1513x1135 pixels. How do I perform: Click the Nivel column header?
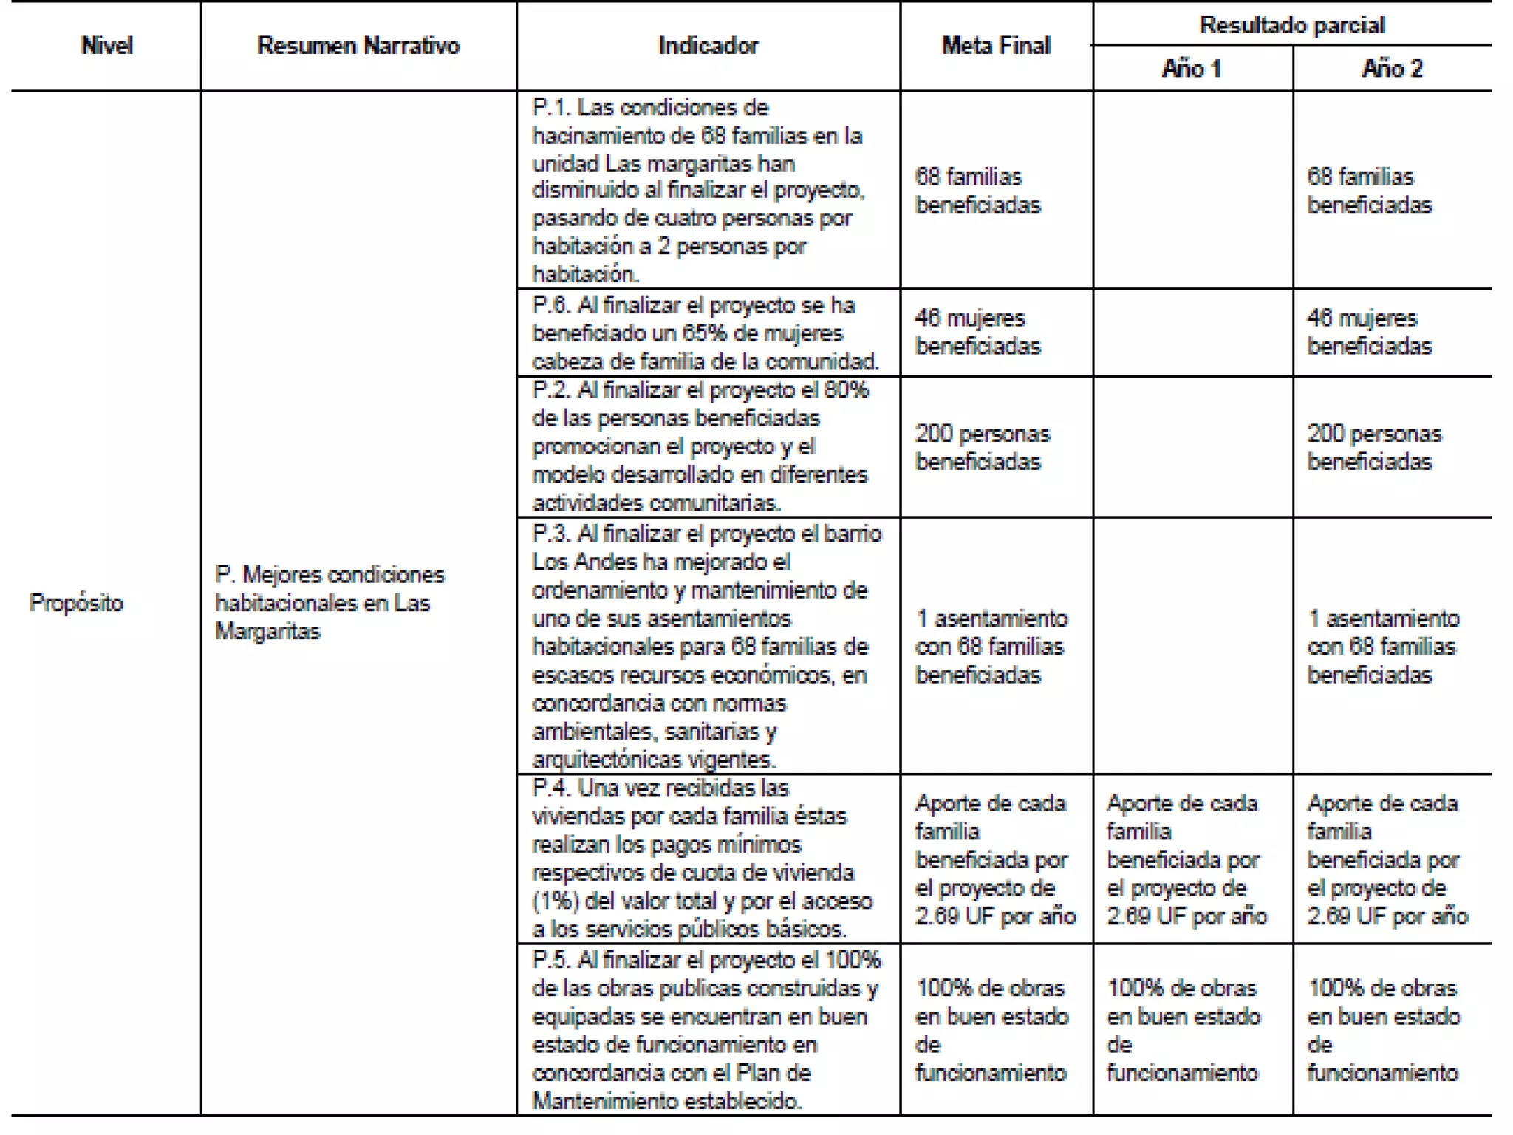[x=107, y=46]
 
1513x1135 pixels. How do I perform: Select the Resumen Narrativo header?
[x=358, y=46]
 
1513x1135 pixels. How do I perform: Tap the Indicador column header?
[x=708, y=46]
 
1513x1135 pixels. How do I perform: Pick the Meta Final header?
[x=996, y=46]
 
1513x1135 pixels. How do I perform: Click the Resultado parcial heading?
[x=1292, y=25]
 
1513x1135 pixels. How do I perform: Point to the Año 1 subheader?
[x=1192, y=69]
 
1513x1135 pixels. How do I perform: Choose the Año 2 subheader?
[x=1392, y=69]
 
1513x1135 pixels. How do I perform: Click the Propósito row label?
[x=77, y=603]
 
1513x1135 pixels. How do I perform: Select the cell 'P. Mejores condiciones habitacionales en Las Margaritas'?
[x=329, y=603]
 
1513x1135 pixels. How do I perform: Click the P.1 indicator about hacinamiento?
[x=698, y=191]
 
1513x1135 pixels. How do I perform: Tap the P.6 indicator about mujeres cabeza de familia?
[x=706, y=333]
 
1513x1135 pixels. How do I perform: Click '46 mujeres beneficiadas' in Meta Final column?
[x=977, y=333]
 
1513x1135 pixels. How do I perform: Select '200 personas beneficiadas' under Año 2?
[x=1374, y=447]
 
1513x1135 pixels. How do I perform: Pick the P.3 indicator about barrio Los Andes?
[x=706, y=647]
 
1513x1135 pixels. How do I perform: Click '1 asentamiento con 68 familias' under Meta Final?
[x=991, y=647]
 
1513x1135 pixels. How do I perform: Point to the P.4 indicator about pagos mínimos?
[x=702, y=859]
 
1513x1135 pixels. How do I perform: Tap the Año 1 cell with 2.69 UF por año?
[x=1186, y=859]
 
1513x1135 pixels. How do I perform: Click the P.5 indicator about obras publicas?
[x=706, y=1030]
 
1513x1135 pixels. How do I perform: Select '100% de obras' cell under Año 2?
[x=1383, y=1030]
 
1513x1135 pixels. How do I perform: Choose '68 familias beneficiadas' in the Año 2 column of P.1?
[x=1369, y=191]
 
